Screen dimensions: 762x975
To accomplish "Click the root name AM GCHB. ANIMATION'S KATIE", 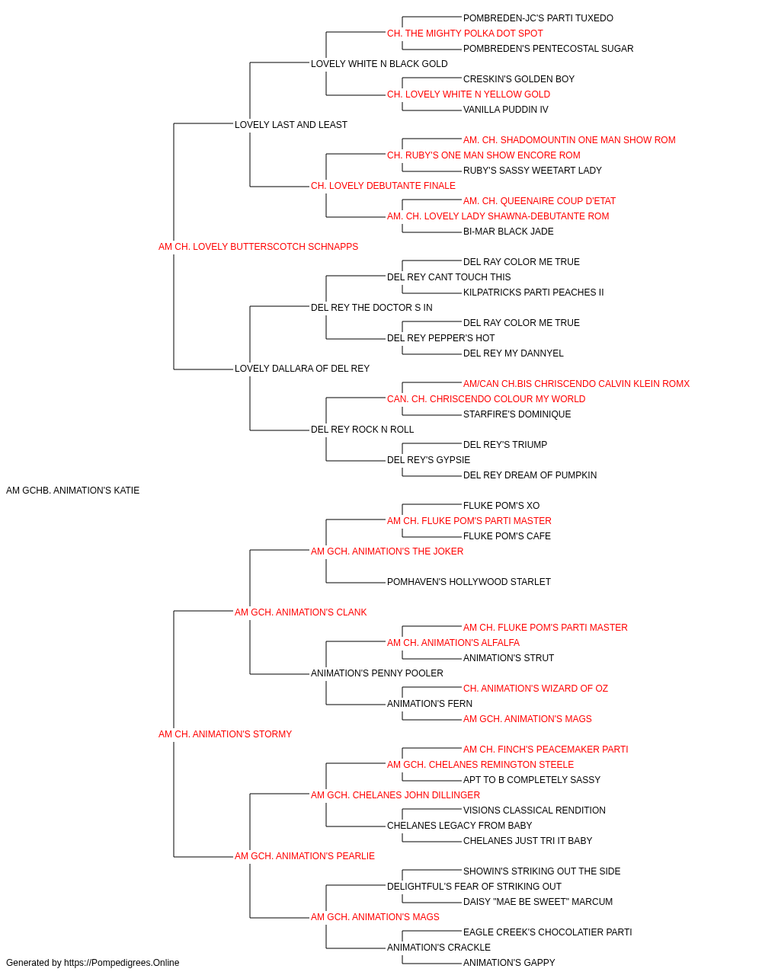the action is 72,491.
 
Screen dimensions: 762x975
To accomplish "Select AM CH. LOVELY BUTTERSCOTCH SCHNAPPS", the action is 258,247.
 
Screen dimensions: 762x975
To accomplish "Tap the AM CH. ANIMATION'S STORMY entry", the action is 225,734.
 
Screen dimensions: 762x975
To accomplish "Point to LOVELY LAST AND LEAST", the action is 291,125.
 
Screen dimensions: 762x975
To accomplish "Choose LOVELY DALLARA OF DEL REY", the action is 302,369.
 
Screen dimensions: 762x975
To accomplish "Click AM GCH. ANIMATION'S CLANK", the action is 301,612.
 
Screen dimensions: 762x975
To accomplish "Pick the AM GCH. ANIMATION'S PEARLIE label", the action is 304,855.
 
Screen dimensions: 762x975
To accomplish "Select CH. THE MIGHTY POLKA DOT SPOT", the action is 465,34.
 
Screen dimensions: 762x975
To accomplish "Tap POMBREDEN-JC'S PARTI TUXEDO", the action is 538,18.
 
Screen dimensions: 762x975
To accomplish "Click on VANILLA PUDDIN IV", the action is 506,110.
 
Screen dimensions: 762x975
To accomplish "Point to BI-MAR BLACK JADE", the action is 508,231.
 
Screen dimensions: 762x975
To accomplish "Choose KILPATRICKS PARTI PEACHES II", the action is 533,292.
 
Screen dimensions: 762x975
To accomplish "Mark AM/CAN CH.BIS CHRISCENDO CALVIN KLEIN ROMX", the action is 576,384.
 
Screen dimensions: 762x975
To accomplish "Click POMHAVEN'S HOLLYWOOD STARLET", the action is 469,581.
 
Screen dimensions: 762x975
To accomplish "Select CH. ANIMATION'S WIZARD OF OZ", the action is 536,689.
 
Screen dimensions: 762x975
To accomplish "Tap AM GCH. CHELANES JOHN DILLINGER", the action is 395,795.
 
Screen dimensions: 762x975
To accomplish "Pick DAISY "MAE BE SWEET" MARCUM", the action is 538,901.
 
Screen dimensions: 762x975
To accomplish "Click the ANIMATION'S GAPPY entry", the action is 509,963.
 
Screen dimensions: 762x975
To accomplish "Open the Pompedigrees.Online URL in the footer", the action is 121,963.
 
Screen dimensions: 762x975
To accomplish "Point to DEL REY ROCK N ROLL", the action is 362,430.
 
